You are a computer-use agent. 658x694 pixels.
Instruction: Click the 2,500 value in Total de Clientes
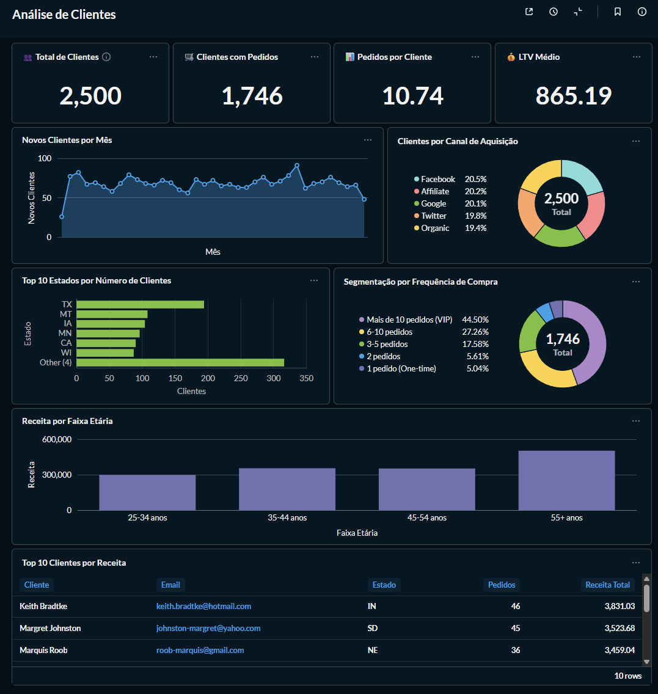(90, 96)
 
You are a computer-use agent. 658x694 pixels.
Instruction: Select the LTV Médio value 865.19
(573, 96)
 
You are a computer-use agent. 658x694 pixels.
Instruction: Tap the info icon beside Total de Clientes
(106, 57)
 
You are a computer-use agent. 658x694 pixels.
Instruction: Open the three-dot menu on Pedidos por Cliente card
(475, 57)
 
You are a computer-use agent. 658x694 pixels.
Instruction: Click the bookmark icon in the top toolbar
(618, 12)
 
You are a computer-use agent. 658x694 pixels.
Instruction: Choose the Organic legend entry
(434, 228)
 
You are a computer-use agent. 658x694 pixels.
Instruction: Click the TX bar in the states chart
(140, 304)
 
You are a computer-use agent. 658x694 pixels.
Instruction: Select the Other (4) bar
(180, 363)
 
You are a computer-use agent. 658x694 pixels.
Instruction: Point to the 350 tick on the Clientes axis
(307, 378)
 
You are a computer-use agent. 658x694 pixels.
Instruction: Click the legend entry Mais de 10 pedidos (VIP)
(409, 320)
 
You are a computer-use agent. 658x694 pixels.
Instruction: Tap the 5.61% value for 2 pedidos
(477, 356)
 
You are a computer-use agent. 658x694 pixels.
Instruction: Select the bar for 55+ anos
(566, 480)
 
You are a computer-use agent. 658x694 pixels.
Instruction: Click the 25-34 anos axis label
(147, 517)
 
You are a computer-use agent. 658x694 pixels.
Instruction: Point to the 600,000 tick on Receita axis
(57, 439)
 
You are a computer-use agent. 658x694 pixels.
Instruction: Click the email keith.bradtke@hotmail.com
(203, 607)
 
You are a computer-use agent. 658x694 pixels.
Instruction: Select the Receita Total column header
(607, 585)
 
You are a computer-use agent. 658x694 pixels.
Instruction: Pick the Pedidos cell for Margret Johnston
(515, 628)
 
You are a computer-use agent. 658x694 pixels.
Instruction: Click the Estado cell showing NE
(372, 650)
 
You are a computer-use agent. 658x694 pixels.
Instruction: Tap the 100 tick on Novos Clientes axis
(45, 158)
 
